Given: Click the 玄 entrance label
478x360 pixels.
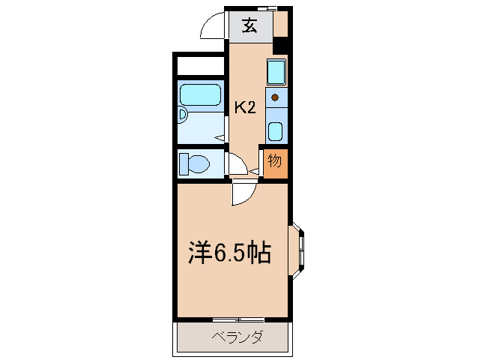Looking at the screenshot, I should [249, 26].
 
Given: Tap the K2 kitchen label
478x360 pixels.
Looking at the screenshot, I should [246, 107].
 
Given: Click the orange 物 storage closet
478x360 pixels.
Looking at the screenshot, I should [274, 161].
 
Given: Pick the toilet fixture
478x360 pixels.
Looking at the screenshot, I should [197, 163].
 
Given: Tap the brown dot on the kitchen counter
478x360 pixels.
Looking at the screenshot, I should [276, 97].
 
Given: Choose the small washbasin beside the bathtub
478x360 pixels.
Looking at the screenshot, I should [182, 115].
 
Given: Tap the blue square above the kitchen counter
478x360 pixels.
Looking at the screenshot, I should [276, 73].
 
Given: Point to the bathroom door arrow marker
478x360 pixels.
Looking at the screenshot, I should [218, 137].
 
